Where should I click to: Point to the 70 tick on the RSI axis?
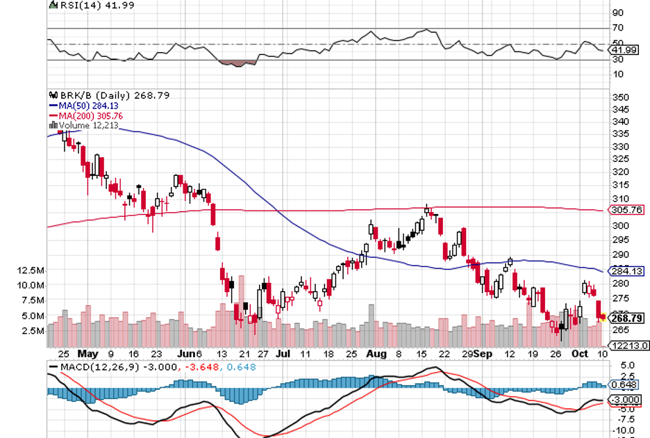pyautogui.click(x=617, y=28)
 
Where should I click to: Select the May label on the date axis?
pyautogui.click(x=88, y=353)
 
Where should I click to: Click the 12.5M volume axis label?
pyautogui.click(x=33, y=270)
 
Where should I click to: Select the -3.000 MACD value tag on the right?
pyautogui.click(x=623, y=400)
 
